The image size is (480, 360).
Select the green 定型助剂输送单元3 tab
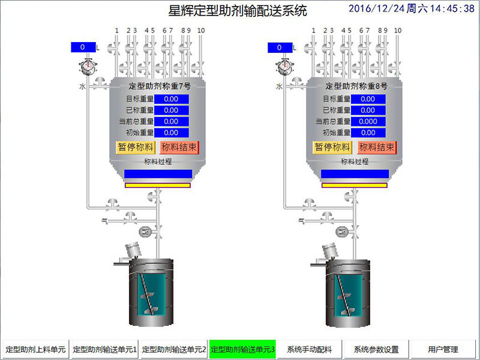pos(242,349)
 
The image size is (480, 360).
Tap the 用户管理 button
pos(443,349)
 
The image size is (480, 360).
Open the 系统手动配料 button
pos(310,349)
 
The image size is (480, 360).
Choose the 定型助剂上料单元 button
pos(35,349)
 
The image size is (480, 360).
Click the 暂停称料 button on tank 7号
pos(136,147)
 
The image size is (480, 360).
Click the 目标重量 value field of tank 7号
pos(172,99)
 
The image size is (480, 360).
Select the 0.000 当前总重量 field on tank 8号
pos(368,121)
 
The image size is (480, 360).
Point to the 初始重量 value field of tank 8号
pos(368,133)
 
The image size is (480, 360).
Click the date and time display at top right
pos(411,9)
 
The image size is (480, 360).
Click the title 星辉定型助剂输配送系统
pos(238,11)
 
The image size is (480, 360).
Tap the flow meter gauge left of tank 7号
pos(88,65)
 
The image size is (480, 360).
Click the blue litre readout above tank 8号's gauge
pos(280,47)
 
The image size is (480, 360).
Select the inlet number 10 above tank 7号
pos(201,30)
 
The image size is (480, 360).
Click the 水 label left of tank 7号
pos(82,86)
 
